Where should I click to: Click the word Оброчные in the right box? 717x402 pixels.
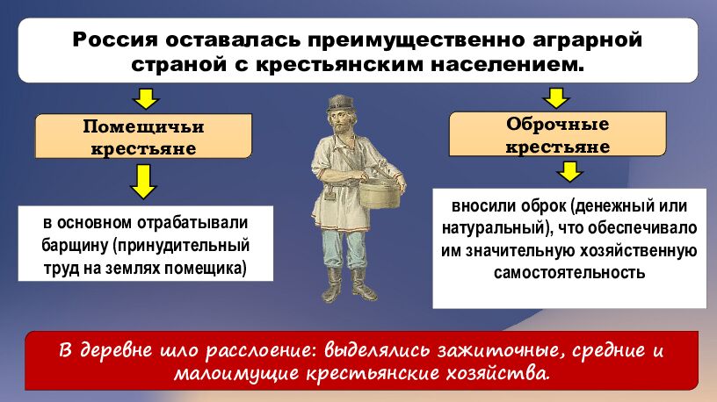(x=557, y=124)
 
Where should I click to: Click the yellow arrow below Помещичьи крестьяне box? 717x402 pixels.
(x=143, y=181)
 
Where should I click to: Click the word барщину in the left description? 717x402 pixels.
(x=73, y=244)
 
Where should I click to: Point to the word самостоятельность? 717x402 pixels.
(x=569, y=272)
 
